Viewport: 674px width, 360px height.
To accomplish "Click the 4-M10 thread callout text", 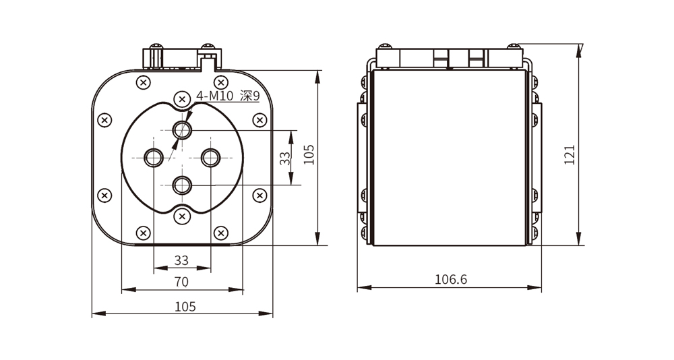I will point(214,96).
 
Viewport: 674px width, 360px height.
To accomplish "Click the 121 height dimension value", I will point(570,155).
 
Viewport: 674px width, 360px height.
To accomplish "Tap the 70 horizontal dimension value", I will point(181,281).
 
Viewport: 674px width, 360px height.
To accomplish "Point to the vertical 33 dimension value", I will point(285,158).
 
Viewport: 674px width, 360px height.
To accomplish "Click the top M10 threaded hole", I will point(181,130).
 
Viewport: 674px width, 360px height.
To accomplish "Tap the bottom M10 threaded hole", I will point(181,183).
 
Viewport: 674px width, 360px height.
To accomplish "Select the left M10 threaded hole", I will point(154,158).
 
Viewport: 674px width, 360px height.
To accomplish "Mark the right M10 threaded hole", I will point(211,158).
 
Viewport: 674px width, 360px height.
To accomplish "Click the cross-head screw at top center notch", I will point(181,99).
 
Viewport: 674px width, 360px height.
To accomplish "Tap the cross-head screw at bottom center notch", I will point(181,216).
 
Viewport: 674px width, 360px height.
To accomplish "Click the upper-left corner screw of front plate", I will point(143,83).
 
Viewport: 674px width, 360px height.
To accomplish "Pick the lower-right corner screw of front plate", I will point(220,233).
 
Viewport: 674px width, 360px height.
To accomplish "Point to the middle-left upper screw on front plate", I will point(104,121).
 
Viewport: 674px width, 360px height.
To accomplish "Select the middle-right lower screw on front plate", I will point(259,195).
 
